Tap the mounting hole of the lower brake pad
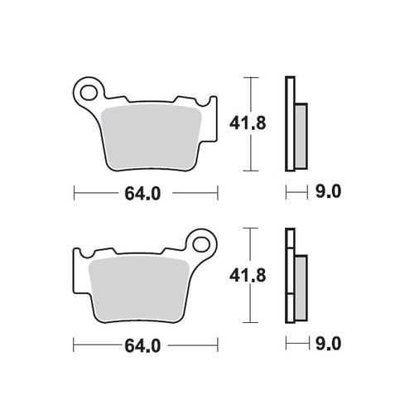(x=200, y=243)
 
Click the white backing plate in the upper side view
(x=289, y=124)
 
